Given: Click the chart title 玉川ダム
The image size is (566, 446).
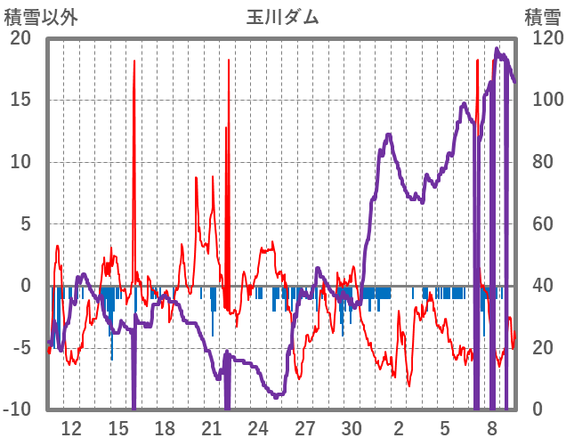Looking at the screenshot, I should pyautogui.click(x=282, y=17).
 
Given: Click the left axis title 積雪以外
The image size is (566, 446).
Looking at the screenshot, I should pyautogui.click(x=34, y=17).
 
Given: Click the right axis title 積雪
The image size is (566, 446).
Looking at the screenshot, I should pyautogui.click(x=540, y=17).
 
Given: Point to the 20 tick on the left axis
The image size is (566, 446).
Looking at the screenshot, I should pyautogui.click(x=20, y=38).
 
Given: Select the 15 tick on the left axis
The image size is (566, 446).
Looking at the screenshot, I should pyautogui.click(x=20, y=100).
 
